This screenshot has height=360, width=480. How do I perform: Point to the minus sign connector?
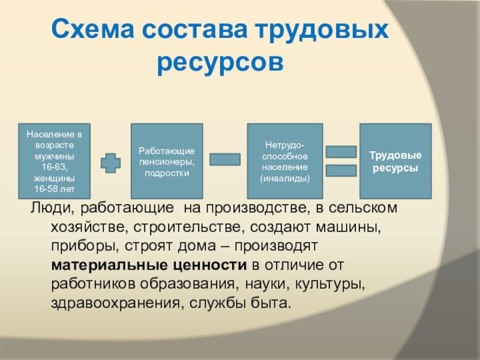(x=225, y=159)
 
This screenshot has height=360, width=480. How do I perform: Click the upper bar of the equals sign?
(x=341, y=151)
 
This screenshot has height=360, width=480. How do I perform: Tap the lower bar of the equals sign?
(x=341, y=171)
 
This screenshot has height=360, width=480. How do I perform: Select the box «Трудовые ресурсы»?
(x=395, y=161)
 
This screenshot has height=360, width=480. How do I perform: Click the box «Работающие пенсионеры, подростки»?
(x=167, y=161)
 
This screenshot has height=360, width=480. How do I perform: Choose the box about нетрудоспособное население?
(x=285, y=161)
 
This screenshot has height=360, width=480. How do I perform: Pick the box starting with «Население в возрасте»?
(x=55, y=161)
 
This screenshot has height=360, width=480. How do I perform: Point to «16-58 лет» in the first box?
(x=55, y=189)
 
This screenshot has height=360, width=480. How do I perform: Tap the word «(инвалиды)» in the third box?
(x=285, y=178)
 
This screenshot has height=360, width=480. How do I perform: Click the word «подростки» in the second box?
(x=167, y=173)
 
